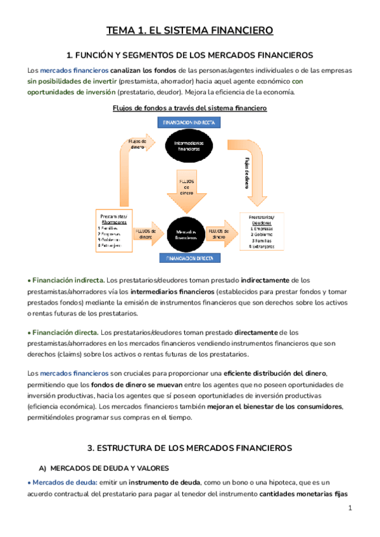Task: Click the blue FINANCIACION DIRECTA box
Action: pyautogui.click(x=189, y=258)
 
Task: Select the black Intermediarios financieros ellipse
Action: pyautogui.click(x=188, y=145)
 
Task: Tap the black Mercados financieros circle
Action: pyautogui.click(x=189, y=234)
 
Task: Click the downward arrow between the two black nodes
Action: pyautogui.click(x=188, y=189)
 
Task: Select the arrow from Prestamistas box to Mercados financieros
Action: pyautogui.click(x=148, y=234)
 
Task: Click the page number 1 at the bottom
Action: pyautogui.click(x=350, y=509)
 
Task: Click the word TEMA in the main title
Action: pyautogui.click(x=120, y=30)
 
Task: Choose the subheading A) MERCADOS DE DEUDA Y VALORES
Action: pyautogui.click(x=103, y=468)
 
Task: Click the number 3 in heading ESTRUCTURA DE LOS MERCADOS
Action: pyautogui.click(x=91, y=448)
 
